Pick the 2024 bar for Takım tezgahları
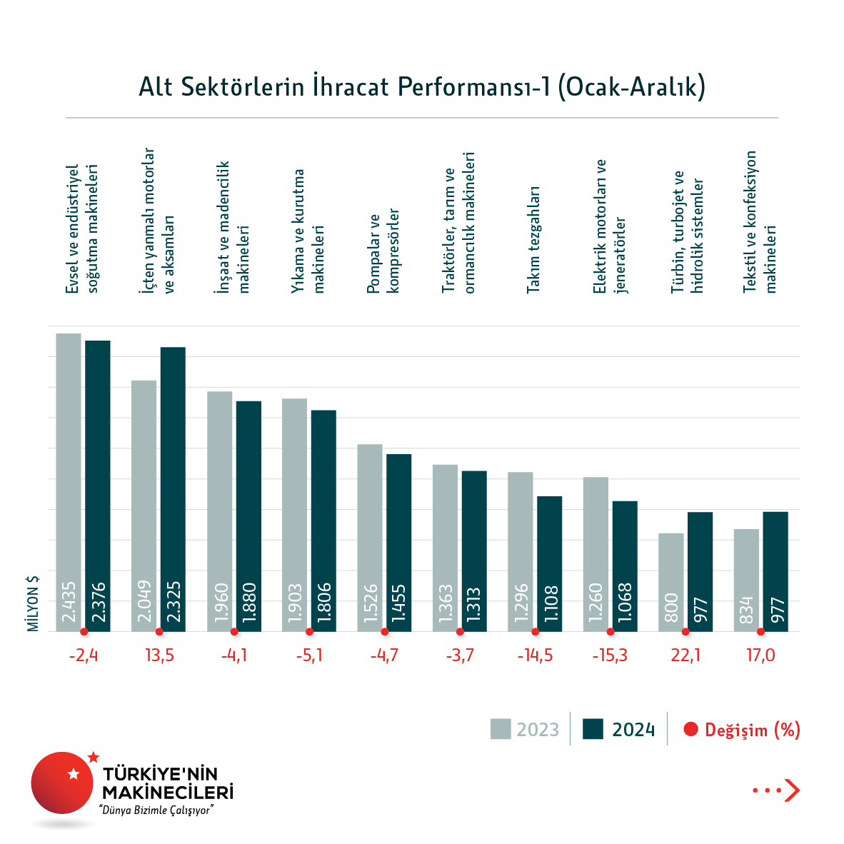coord(549,563)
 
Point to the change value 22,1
coord(685,655)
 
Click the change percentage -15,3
coord(610,655)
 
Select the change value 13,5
coord(159,655)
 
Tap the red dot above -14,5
coord(536,632)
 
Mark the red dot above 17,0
coord(761,632)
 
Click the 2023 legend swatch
coord(501,729)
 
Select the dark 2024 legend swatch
coord(593,729)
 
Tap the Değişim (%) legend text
coord(752,730)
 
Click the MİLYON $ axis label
coord(33,603)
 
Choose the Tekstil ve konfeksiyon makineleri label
coord(759,222)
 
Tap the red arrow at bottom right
coord(792,790)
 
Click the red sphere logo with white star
coord(62,783)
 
